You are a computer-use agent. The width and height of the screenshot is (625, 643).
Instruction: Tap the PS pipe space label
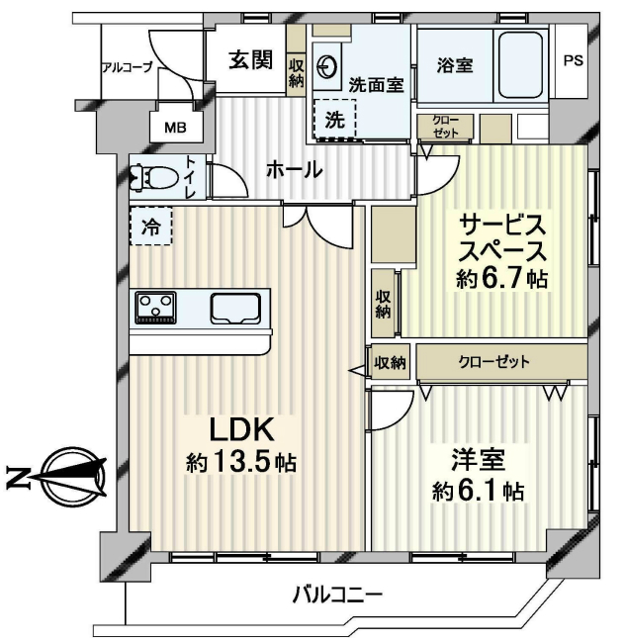(573, 60)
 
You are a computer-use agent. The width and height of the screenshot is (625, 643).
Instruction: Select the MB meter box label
(175, 127)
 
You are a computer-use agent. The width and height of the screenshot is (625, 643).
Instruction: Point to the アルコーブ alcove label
(127, 67)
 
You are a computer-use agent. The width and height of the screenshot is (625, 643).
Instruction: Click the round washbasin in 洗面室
(327, 66)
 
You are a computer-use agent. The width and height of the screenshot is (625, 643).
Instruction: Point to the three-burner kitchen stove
(156, 306)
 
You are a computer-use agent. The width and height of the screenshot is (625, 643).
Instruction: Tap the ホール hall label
(294, 169)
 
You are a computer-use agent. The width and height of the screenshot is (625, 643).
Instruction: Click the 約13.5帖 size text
(241, 462)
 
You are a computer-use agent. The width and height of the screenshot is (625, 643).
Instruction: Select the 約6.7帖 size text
(501, 279)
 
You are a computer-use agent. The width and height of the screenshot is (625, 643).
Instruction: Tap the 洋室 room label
(479, 460)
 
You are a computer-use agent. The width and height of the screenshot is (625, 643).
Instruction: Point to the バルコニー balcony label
(336, 596)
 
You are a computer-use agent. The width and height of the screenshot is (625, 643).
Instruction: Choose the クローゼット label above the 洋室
(493, 362)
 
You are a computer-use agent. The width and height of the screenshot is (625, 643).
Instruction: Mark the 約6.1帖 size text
(478, 491)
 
